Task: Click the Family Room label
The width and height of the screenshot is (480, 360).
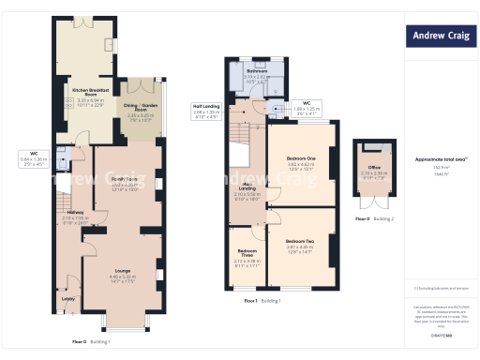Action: pyautogui.click(x=126, y=178)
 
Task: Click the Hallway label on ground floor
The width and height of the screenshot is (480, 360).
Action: pyautogui.click(x=76, y=212)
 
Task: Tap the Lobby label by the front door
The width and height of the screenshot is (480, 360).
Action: pyautogui.click(x=67, y=299)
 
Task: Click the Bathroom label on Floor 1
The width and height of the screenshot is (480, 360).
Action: pyautogui.click(x=257, y=71)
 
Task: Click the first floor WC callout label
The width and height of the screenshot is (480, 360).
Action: pyautogui.click(x=307, y=103)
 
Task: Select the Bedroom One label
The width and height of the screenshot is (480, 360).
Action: pyautogui.click(x=300, y=158)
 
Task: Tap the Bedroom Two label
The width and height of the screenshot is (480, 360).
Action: pyautogui.click(x=300, y=242)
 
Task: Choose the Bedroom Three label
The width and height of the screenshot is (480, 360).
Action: pyautogui.click(x=247, y=252)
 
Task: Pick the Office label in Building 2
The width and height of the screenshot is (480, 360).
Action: pyautogui.click(x=373, y=168)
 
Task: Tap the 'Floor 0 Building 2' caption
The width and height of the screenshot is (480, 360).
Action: pyautogui.click(x=373, y=218)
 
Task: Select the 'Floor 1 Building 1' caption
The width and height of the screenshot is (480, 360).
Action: pyautogui.click(x=262, y=301)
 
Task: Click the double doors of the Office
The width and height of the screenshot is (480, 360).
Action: pyautogui.click(x=373, y=201)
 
